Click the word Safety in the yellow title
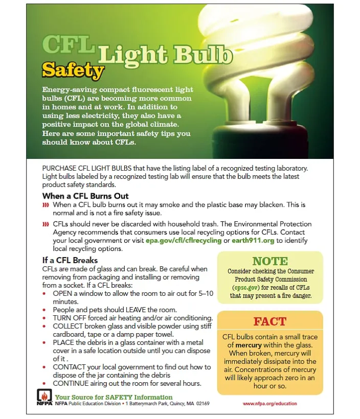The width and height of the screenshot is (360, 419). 73,69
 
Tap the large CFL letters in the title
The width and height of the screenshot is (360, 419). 68,44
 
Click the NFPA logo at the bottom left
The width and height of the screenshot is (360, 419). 44,397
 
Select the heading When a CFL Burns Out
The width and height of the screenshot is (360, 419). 85,196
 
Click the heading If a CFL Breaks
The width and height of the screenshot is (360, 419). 70,260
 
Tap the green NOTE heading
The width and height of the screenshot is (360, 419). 270,261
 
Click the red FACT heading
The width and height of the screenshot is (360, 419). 269,321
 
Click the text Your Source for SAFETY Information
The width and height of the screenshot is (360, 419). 114,397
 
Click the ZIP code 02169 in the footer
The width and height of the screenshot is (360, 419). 202,404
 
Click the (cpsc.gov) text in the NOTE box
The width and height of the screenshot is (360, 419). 244,288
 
